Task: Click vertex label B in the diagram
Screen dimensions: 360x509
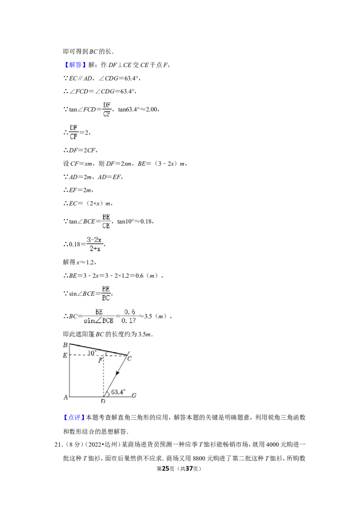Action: (x=65, y=345)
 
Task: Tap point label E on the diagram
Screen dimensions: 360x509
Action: (x=65, y=356)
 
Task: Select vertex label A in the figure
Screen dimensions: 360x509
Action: (x=65, y=397)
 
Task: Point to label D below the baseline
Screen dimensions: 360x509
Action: (x=103, y=401)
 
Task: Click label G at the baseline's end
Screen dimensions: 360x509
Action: (x=134, y=396)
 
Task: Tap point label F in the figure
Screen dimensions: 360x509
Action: (x=101, y=361)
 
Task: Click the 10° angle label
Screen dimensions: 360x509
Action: (x=92, y=353)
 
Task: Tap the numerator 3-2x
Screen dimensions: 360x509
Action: (x=94, y=240)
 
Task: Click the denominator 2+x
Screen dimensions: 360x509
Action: (x=94, y=249)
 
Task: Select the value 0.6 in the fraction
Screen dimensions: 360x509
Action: (x=130, y=312)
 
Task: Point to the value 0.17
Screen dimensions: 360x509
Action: (x=129, y=321)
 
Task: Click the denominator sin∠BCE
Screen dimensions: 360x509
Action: (x=99, y=321)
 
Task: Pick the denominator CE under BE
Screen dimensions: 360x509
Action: (x=106, y=226)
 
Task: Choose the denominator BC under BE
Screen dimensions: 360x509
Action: (x=106, y=298)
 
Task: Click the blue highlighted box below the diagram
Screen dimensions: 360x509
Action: (x=73, y=418)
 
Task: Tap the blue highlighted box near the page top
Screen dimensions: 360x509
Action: (x=75, y=65)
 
